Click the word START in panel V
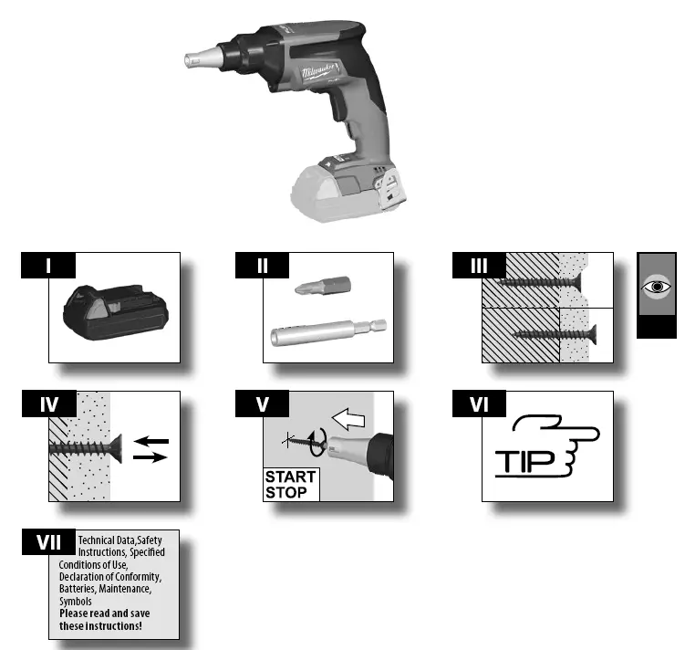(290, 477)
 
